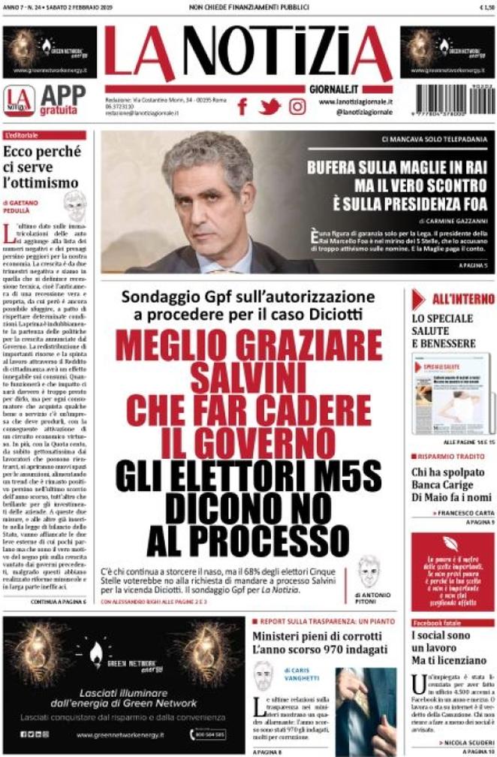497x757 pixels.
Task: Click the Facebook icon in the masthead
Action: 242,107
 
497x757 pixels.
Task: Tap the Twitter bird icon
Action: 270,107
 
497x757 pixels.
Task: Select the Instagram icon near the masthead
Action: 297,107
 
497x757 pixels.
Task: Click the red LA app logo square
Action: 19,99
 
